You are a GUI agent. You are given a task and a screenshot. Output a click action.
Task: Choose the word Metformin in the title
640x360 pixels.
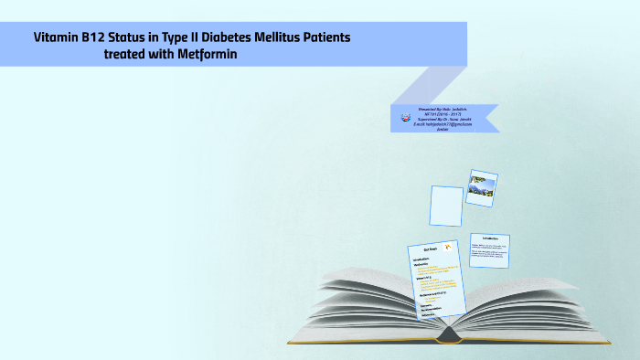pyautogui.click(x=217, y=54)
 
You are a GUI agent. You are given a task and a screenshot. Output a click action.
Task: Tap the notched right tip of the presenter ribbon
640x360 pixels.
pyautogui.click(x=495, y=118)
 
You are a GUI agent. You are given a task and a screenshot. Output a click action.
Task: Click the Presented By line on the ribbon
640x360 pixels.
pyautogui.click(x=443, y=108)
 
